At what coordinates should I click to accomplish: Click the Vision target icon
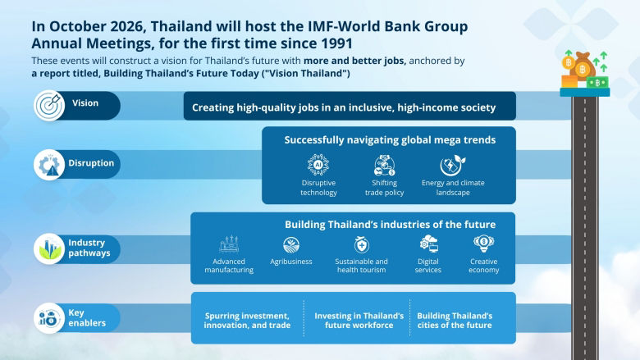point(48,105)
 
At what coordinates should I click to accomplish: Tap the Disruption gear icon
point(48,164)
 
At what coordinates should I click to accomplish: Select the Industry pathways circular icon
point(48,248)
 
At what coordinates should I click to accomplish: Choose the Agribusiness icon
point(291,244)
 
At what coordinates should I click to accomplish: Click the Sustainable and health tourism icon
point(361,244)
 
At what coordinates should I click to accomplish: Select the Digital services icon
point(428,244)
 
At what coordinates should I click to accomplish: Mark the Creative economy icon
point(483,244)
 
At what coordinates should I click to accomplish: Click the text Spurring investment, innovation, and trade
point(247,321)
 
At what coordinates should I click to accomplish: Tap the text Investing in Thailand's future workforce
point(360,321)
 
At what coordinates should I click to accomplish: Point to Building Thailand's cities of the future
point(455,321)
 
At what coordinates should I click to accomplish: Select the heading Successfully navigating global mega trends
point(390,139)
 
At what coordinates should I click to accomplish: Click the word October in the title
point(85,25)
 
